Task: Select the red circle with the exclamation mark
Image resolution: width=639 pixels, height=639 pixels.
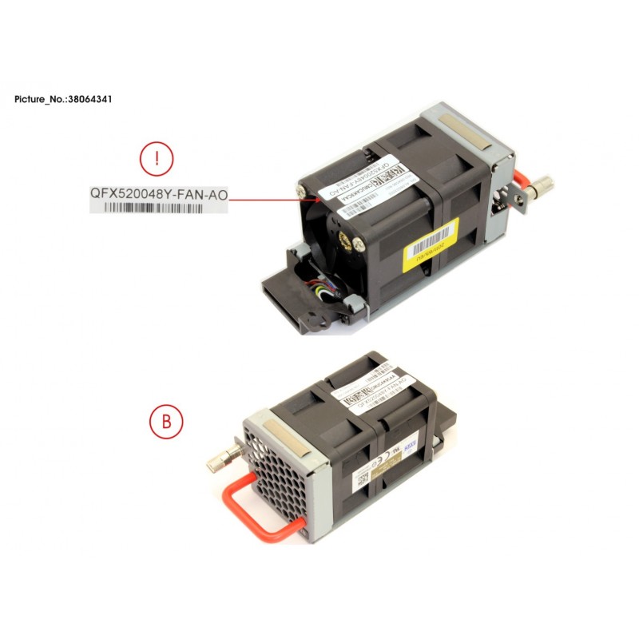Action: coord(157,160)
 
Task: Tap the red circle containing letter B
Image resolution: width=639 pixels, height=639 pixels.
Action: coord(167,420)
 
